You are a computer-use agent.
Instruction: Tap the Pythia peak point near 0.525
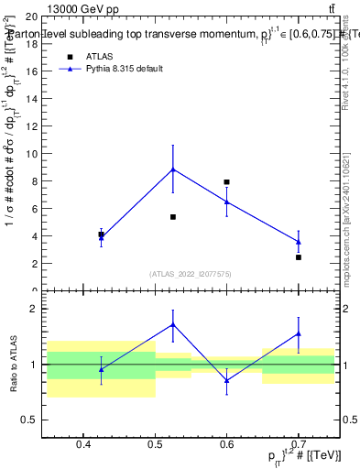coord(173,169)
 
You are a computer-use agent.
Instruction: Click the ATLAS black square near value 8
coord(226,182)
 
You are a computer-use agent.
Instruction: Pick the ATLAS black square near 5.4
coord(173,217)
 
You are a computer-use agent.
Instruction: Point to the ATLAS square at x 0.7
coord(299,257)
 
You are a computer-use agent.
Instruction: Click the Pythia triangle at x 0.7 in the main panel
coord(299,242)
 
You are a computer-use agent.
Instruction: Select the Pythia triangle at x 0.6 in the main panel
coord(226,202)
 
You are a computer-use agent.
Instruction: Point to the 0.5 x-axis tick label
coord(155,445)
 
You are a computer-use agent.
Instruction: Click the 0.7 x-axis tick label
coord(299,445)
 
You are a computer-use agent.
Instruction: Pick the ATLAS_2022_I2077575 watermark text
coord(191,274)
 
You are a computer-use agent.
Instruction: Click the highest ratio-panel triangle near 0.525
coord(173,324)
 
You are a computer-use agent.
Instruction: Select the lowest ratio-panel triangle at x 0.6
coord(226,380)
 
